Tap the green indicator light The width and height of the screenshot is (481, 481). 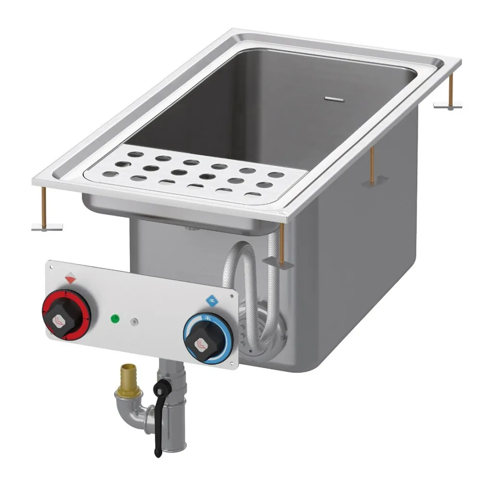tap(115, 318)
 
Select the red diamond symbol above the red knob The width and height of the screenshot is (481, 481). tap(70, 278)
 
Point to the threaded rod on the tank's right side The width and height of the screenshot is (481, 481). tap(372, 164)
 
